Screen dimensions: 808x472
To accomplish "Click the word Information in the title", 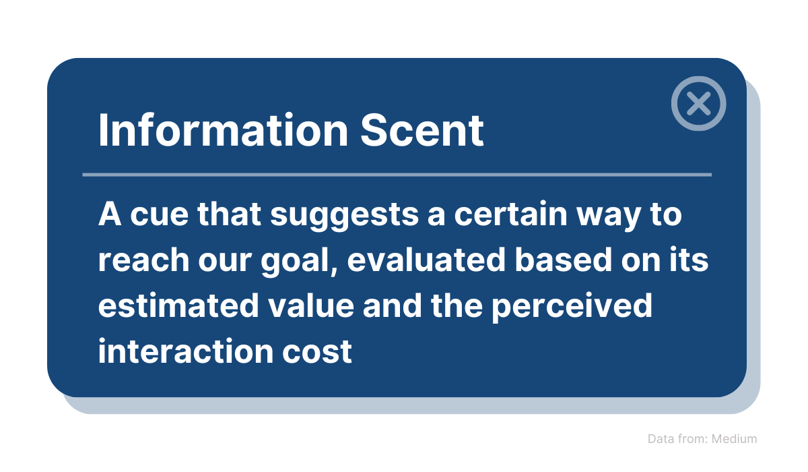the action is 224,130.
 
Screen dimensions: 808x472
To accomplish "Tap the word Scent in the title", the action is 422,130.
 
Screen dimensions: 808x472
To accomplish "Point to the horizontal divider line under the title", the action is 397,175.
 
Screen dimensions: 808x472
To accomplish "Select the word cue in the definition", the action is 159,214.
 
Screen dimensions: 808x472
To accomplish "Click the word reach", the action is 144,260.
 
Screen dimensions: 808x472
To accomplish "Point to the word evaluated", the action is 426,260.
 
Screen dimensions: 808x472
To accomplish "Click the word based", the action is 563,260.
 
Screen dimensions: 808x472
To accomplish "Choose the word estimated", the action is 178,305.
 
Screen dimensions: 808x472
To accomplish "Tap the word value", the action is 311,305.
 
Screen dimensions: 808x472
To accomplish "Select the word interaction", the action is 186,351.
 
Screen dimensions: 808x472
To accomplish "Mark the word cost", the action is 316,352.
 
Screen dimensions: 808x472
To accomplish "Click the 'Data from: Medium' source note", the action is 702,439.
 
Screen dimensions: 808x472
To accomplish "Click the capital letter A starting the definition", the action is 110,214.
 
